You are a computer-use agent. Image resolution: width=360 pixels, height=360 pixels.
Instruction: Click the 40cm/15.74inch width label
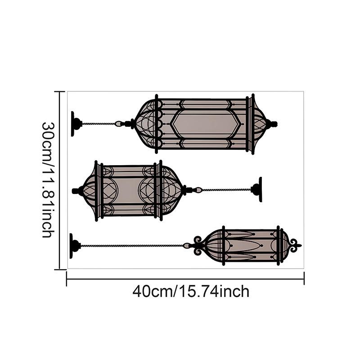(x=191, y=291)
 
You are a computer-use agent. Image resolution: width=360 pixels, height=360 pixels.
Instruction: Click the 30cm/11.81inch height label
(x=49, y=180)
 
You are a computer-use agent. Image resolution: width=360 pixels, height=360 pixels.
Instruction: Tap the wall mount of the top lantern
(x=76, y=124)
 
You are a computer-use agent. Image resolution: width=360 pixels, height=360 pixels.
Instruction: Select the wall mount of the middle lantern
(x=256, y=189)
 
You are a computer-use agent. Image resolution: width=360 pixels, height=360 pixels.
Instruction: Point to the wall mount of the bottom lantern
(x=75, y=246)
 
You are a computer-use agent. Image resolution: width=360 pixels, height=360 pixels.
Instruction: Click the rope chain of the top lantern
(x=98, y=124)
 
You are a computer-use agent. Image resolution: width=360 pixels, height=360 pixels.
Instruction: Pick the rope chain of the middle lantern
(x=226, y=190)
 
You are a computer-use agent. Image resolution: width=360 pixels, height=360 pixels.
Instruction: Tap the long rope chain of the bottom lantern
(x=132, y=246)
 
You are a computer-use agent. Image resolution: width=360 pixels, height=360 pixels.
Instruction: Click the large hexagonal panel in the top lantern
(x=206, y=124)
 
